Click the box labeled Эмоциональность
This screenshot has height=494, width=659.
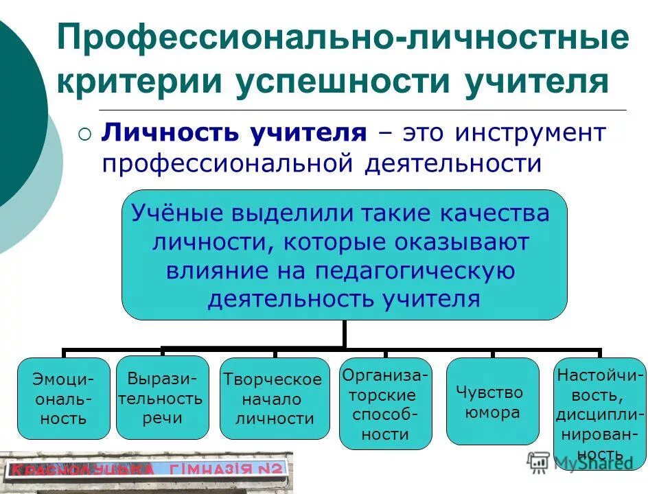[x=63, y=399]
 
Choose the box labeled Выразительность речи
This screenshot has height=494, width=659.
[x=162, y=398]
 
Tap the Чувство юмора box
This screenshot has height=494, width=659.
[x=492, y=401]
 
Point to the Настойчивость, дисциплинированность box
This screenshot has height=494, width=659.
[x=600, y=414]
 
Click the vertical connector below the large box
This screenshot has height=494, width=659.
[x=344, y=335]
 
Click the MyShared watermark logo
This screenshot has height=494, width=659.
[x=580, y=462]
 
